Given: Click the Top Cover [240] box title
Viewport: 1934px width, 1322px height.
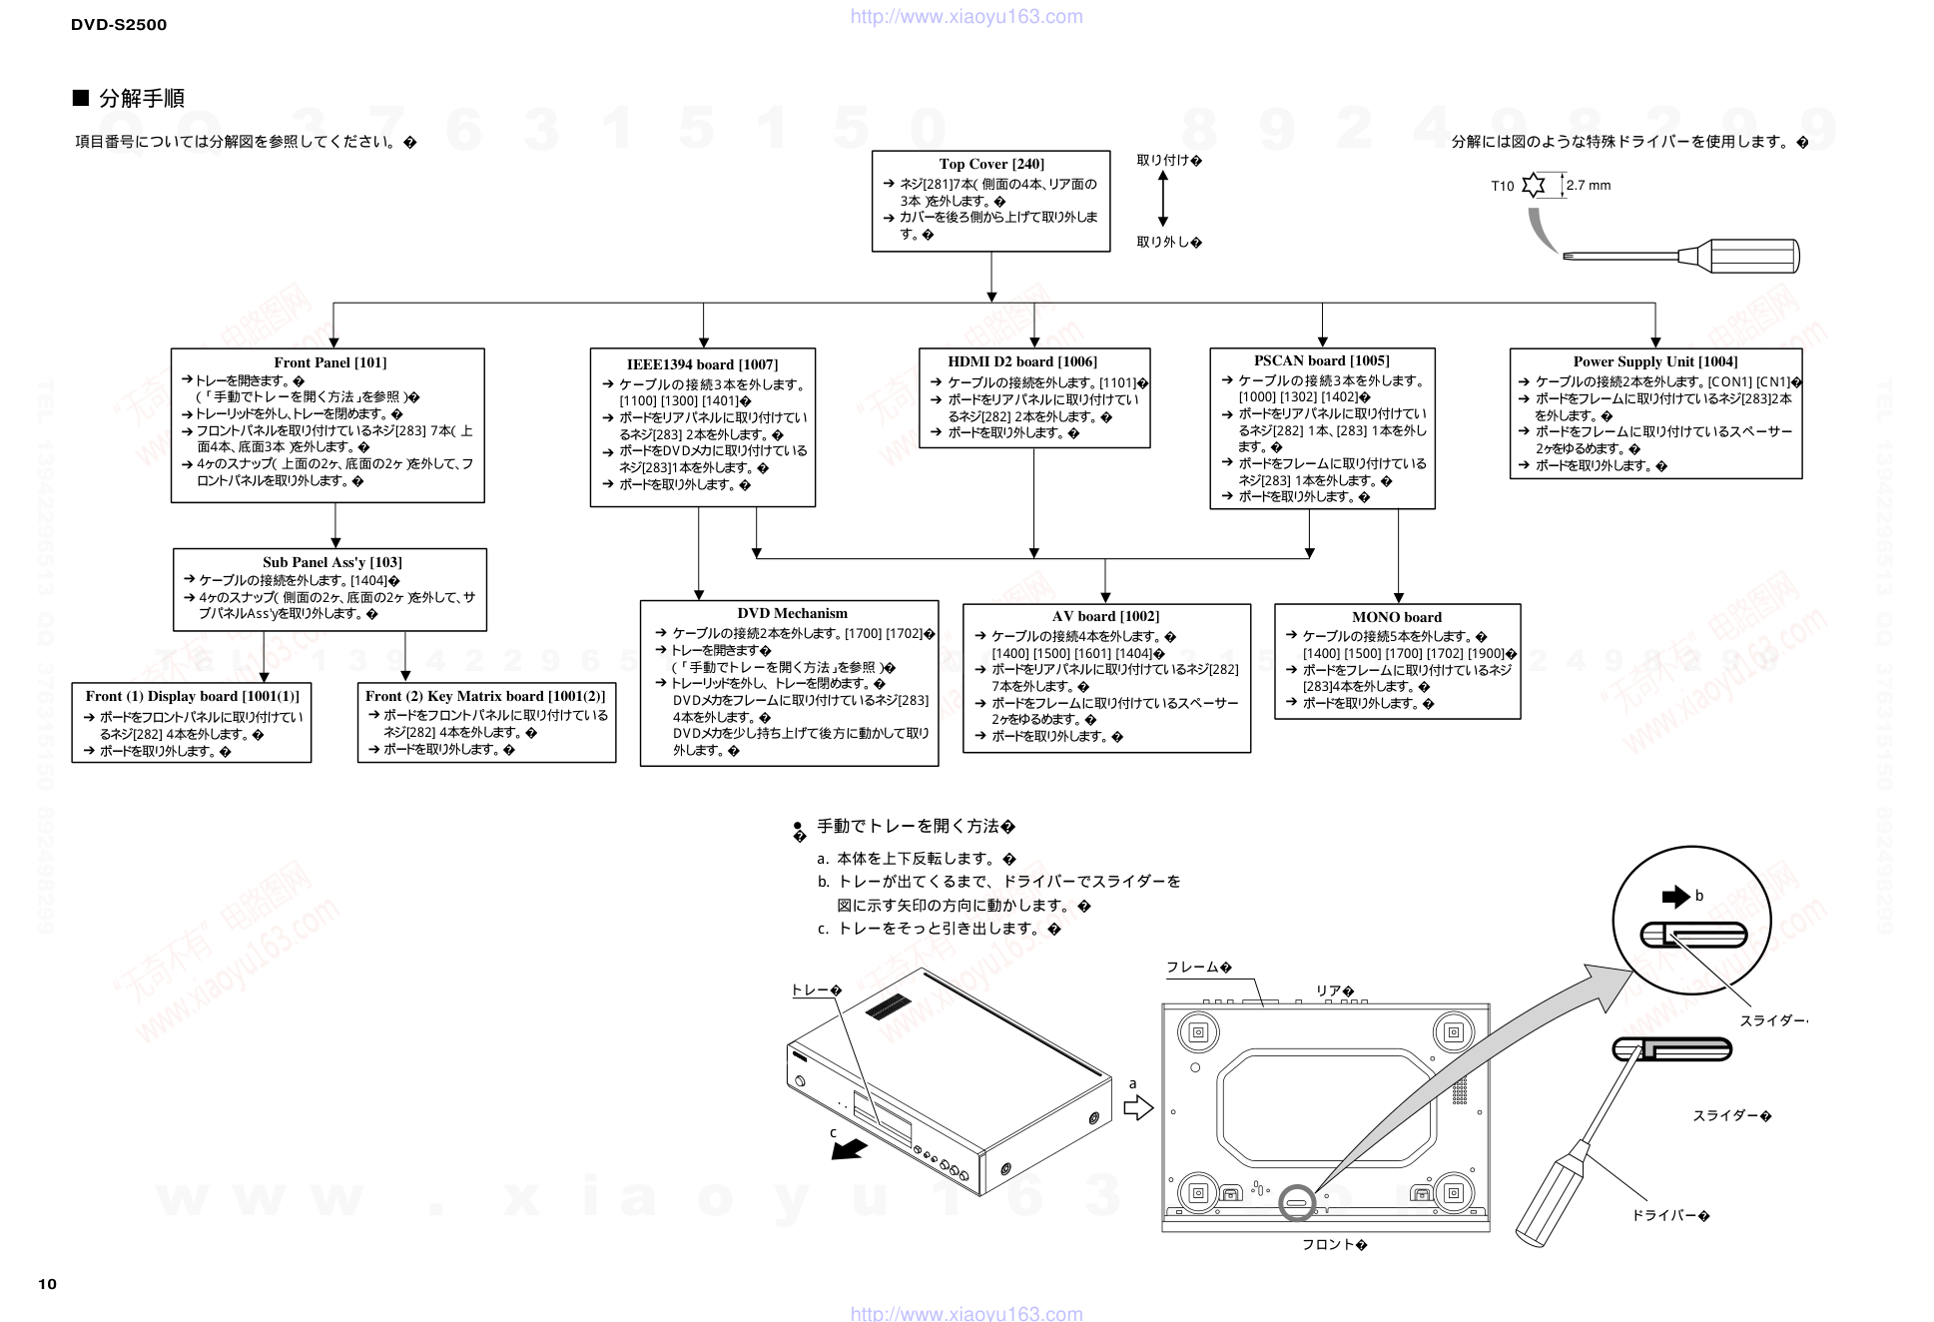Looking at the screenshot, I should [x=990, y=164].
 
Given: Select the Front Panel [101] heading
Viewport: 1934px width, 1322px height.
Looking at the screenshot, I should [x=329, y=362].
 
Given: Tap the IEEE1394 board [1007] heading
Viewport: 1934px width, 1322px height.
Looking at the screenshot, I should [x=702, y=364].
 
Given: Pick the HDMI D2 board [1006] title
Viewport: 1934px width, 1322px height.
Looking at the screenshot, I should [x=1021, y=361].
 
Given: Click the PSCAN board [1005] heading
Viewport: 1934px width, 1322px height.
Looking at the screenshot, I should [x=1321, y=360].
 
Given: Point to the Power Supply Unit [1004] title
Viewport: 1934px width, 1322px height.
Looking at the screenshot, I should [x=1654, y=361].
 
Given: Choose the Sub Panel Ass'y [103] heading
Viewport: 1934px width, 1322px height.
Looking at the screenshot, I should [x=331, y=562].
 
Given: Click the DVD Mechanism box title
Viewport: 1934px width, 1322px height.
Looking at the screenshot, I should [x=792, y=613].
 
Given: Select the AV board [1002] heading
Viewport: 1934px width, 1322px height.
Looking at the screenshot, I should [x=1105, y=616].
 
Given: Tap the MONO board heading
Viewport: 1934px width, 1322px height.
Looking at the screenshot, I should [x=1396, y=617].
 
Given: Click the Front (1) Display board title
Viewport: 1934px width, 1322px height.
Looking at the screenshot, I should [x=192, y=696].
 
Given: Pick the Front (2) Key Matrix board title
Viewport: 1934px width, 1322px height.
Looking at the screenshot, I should [x=485, y=696].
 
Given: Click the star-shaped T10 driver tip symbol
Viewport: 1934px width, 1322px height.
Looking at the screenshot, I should [x=1534, y=185].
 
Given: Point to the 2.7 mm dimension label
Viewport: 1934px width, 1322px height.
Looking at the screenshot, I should [x=1588, y=185].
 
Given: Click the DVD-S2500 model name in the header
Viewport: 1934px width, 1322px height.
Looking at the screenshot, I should [x=119, y=25].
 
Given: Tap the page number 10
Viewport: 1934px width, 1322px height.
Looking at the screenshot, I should [x=47, y=1284].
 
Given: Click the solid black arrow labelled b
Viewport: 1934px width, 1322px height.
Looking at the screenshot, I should [x=1674, y=897].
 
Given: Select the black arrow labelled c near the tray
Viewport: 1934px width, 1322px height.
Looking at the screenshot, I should [x=849, y=1150].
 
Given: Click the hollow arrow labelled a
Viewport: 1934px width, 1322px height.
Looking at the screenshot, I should [x=1137, y=1107].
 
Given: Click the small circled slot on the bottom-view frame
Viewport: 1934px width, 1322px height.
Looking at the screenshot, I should [x=1297, y=1202].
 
